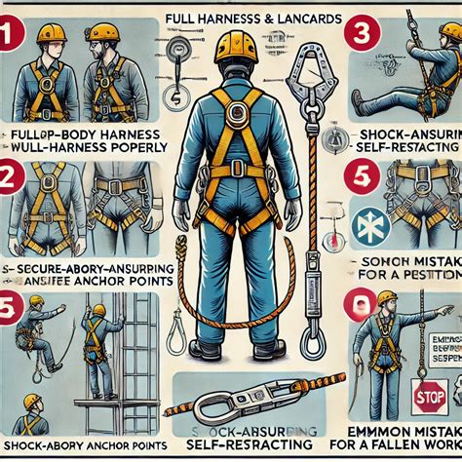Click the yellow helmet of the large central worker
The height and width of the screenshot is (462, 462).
tap(234, 47)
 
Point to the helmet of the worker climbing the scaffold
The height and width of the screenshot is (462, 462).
tap(97, 311)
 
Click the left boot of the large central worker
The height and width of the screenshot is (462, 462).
tap(206, 348)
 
